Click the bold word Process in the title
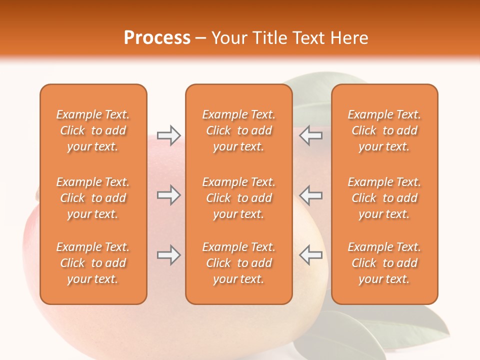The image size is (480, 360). (157, 38)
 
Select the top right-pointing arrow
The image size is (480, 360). (169, 135)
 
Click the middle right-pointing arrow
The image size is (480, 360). (169, 195)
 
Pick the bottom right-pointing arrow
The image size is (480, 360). (169, 255)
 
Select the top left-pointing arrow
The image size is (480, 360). (310, 135)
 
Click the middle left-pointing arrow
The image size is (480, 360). (310, 195)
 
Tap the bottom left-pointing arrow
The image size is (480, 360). (310, 255)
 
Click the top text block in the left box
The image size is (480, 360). (93, 130)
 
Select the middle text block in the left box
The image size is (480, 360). (93, 198)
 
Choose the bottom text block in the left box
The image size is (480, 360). (93, 263)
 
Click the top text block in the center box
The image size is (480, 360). (238, 130)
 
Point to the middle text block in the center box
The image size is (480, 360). (238, 198)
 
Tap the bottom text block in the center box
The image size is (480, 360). (238, 263)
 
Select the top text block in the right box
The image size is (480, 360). (384, 130)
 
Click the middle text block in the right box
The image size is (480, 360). (384, 198)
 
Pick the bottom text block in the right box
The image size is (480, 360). (384, 263)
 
